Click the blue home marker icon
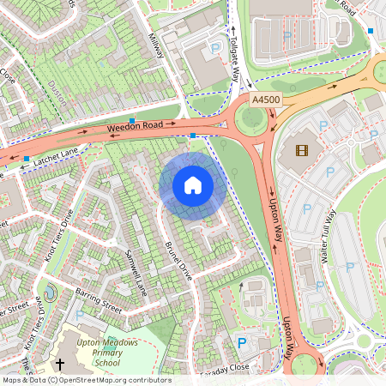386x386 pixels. point(193,184)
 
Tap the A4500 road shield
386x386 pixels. point(266,100)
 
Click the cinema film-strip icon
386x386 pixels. point(301,151)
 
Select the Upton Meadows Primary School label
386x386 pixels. point(107,352)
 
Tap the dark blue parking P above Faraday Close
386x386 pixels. point(241,343)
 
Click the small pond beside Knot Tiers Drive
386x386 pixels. point(48,294)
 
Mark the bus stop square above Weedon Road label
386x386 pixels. point(132,120)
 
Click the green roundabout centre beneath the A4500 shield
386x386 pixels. point(252,122)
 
